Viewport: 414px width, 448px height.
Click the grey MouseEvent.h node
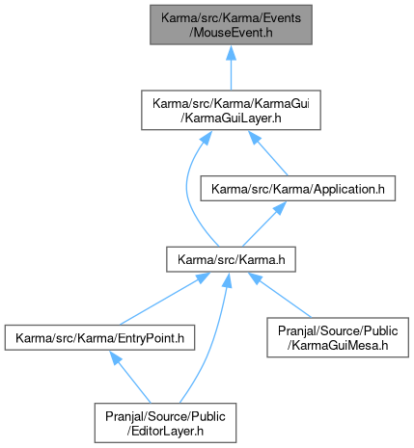pyautogui.click(x=231, y=25)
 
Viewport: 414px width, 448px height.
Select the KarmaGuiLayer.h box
pyautogui.click(x=231, y=110)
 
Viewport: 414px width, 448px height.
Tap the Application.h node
pyautogui.click(x=298, y=189)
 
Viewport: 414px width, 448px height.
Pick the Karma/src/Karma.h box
pyautogui.click(x=231, y=259)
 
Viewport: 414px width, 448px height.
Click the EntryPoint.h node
pyautogui.click(x=99, y=337)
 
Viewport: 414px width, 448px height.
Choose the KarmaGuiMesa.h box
pyautogui.click(x=338, y=337)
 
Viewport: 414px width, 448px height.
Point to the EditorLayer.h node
pyautogui.click(x=165, y=423)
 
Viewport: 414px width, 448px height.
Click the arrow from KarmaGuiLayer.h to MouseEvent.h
pyautogui.click(x=231, y=67)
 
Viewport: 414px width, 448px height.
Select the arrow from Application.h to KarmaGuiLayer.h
pyautogui.click(x=267, y=153)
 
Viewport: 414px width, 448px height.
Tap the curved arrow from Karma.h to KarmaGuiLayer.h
pyautogui.click(x=187, y=190)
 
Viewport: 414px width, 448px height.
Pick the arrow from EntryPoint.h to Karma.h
pyautogui.click(x=165, y=299)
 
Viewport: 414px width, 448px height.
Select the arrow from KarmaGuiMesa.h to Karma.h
pyautogui.click(x=280, y=295)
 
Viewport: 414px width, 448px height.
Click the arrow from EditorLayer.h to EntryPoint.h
pyautogui.click(x=129, y=377)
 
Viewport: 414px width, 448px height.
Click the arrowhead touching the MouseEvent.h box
pyautogui.click(x=231, y=52)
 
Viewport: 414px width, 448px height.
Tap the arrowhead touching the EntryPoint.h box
pyautogui.click(x=115, y=357)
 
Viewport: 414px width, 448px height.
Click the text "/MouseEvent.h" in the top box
pyautogui.click(x=231, y=33)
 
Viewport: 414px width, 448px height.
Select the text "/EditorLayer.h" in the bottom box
pyautogui.click(x=165, y=431)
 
